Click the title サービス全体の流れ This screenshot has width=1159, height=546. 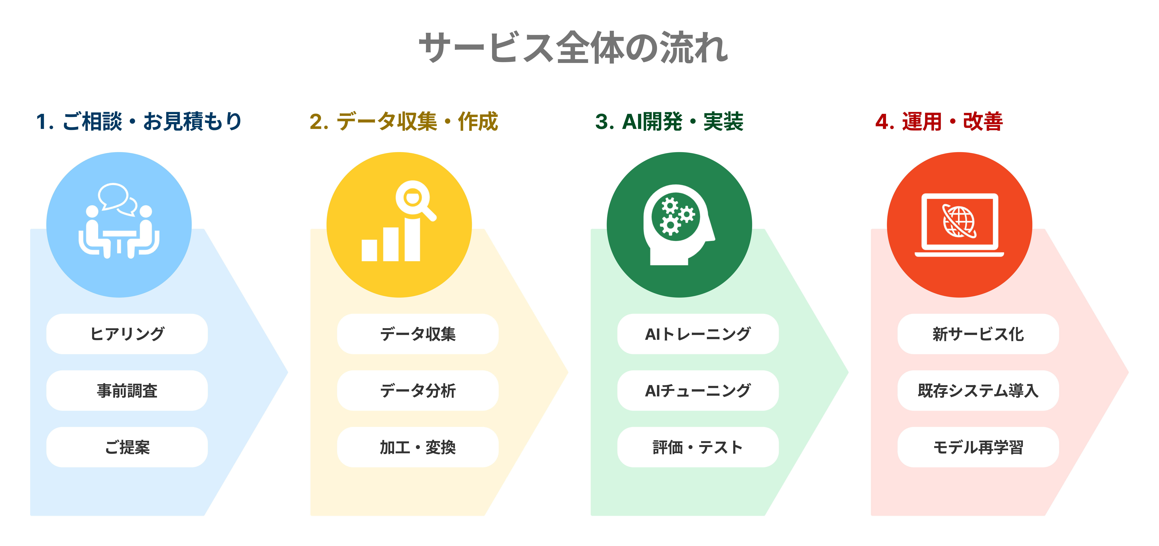[574, 47]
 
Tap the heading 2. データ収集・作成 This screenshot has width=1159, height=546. [404, 122]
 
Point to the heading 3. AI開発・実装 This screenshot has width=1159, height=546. [669, 122]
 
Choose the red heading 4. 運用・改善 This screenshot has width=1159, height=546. [939, 122]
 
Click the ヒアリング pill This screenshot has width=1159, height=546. [127, 334]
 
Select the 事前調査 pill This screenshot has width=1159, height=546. [127, 390]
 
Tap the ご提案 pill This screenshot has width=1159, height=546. [127, 447]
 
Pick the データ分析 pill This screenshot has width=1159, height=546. [418, 390]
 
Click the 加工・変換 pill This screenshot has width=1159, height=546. [418, 447]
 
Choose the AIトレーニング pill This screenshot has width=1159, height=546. [698, 334]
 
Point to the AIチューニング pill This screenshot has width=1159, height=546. [698, 390]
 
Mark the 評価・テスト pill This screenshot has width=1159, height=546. [698, 447]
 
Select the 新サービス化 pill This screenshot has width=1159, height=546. [978, 334]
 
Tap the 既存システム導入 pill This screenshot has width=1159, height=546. [978, 390]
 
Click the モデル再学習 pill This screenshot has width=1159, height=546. [978, 447]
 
